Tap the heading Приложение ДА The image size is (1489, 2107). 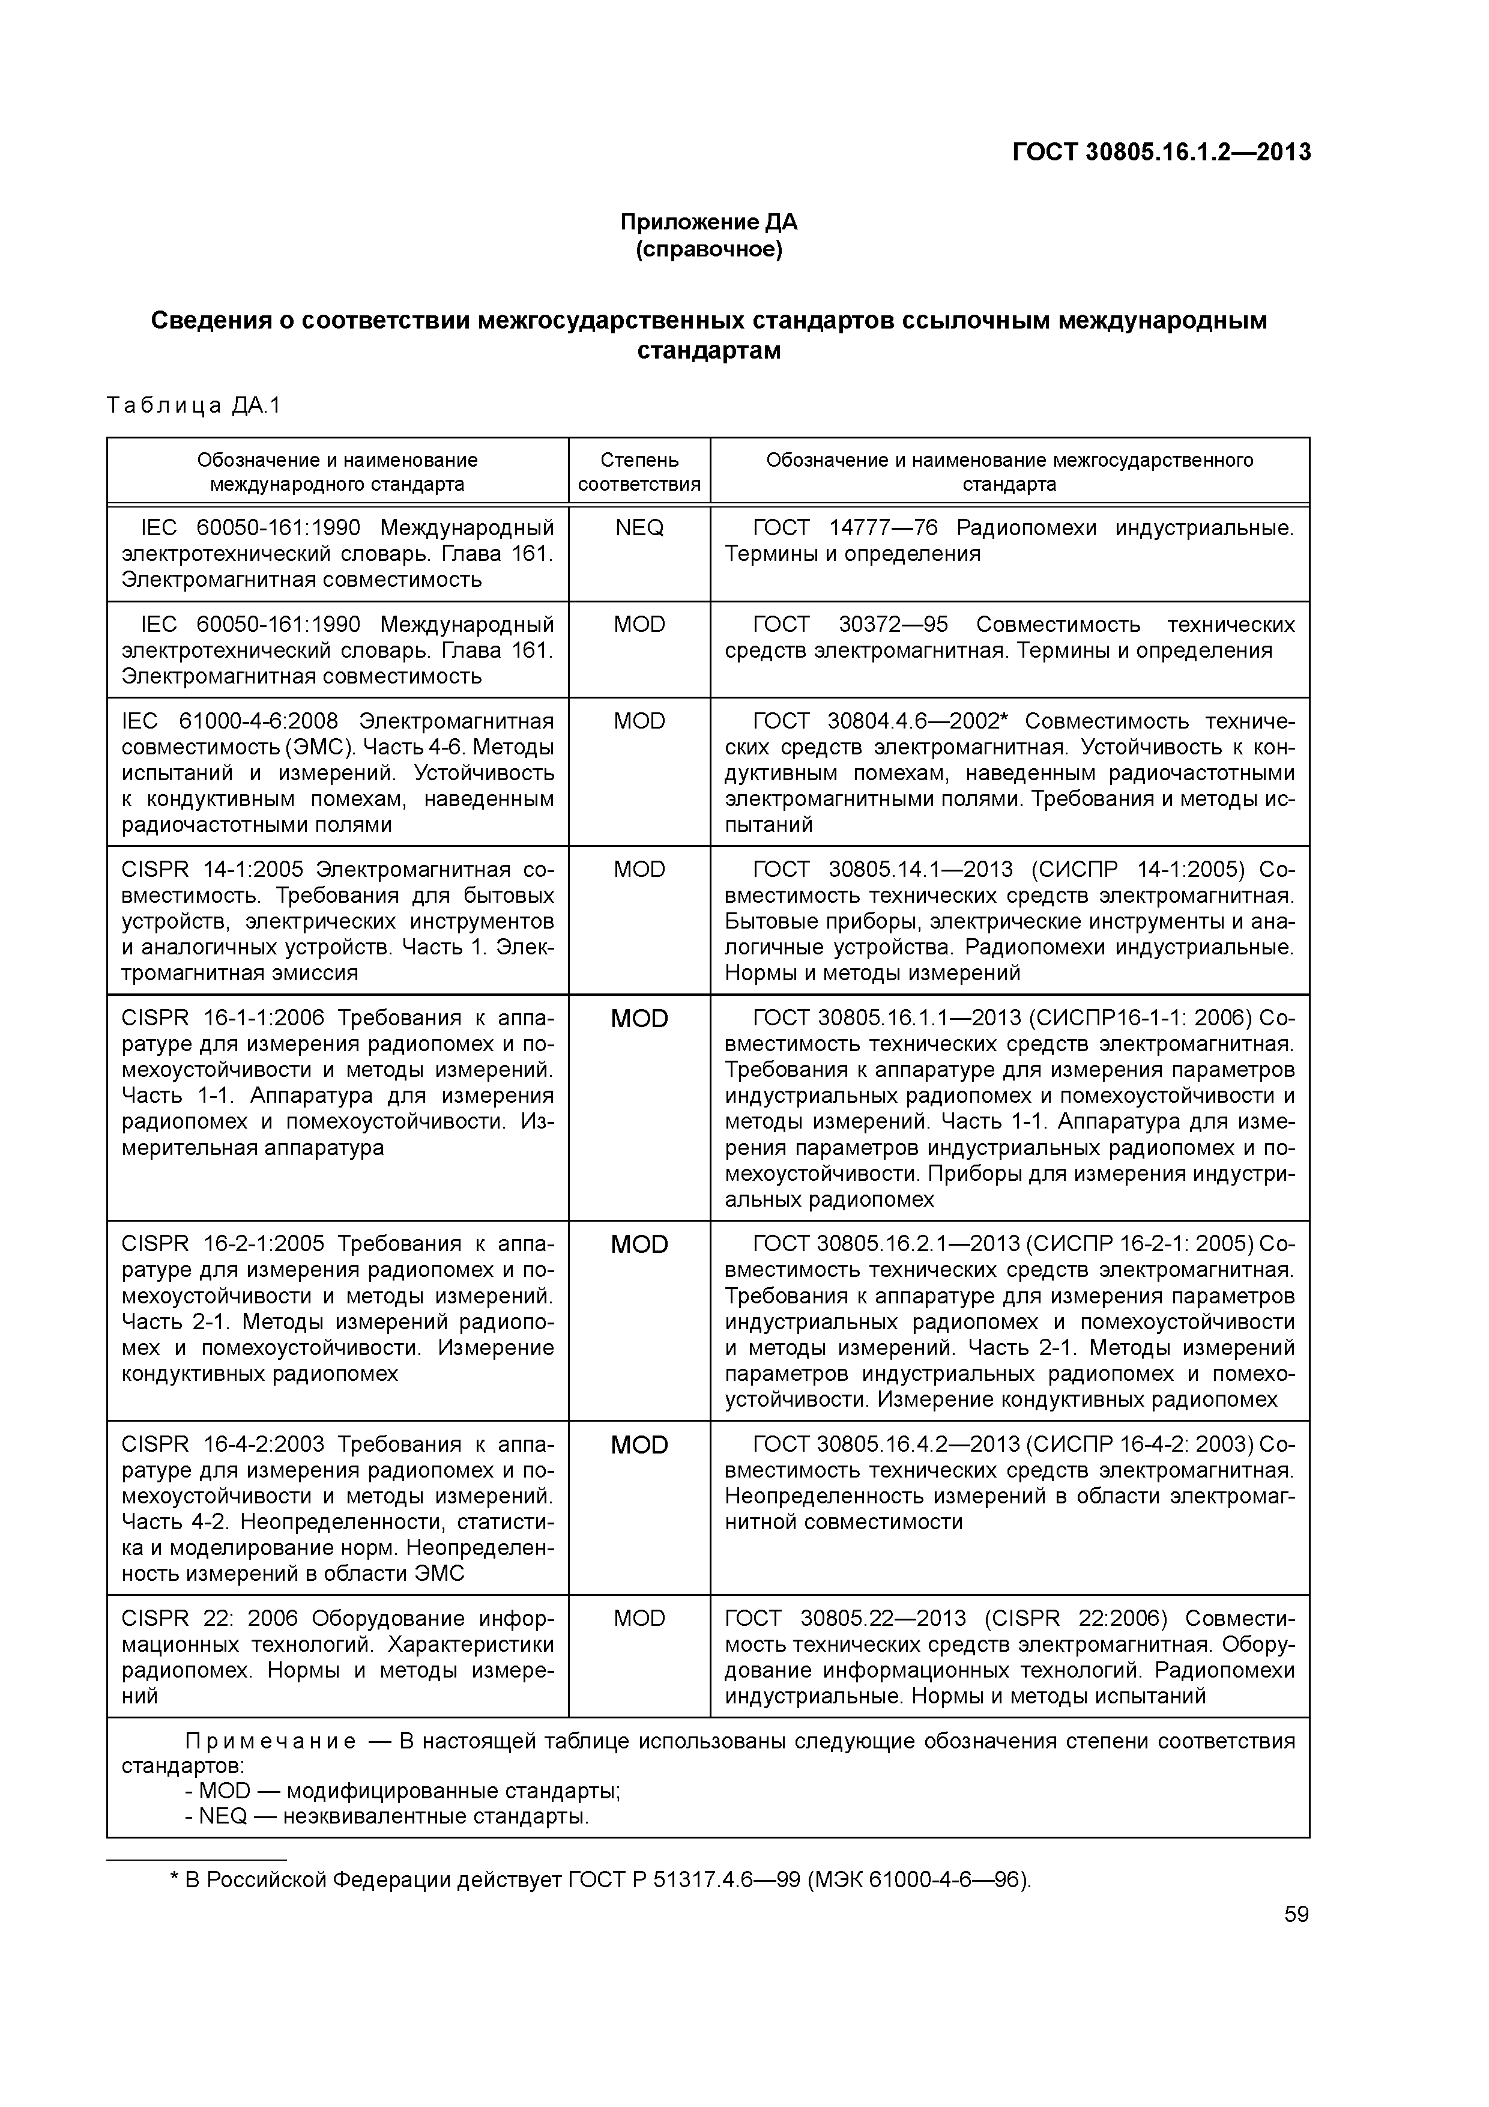coord(708,222)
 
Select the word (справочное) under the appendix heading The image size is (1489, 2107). coord(708,250)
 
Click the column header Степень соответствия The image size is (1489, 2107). coord(639,471)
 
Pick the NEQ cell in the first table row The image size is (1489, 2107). coord(639,529)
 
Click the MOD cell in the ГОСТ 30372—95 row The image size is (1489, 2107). coord(639,625)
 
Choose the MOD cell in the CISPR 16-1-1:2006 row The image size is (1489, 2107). coord(639,1019)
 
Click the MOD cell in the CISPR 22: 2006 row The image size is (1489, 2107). coord(639,1619)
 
